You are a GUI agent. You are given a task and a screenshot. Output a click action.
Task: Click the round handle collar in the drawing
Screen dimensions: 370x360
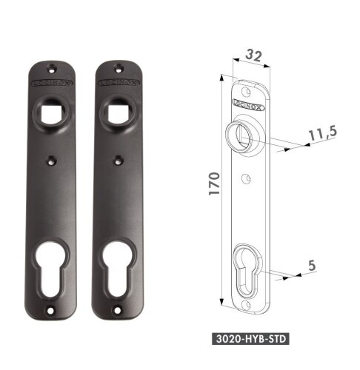[x=244, y=135]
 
